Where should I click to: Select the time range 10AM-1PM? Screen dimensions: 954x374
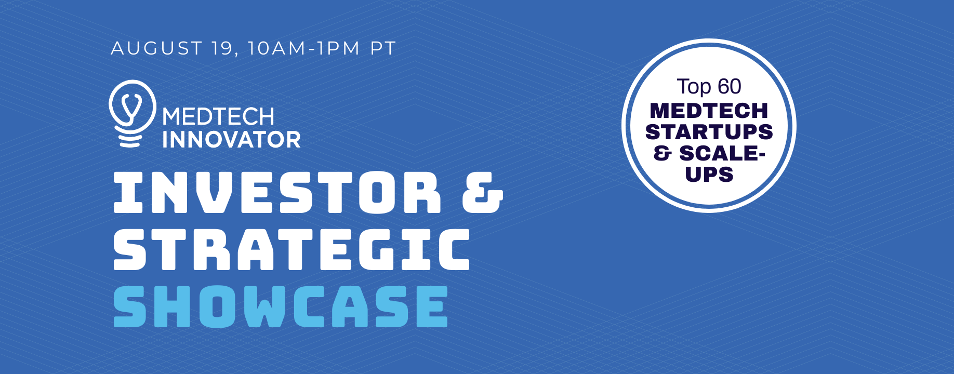[303, 48]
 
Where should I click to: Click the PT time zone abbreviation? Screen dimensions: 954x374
[383, 48]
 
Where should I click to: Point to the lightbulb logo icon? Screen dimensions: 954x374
[132, 113]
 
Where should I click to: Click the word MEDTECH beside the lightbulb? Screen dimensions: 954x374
[218, 117]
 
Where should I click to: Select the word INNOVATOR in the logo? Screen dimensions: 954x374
[231, 140]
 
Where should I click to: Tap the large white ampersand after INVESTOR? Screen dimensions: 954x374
[483, 192]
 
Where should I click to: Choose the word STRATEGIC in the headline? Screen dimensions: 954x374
[291, 249]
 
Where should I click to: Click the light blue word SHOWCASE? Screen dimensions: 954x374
[281, 306]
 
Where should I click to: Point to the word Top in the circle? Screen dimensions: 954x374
[694, 87]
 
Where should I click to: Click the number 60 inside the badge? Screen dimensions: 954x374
[730, 87]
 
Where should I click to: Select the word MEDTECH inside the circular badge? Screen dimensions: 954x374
[709, 111]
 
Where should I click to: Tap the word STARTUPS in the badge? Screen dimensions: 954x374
[709, 132]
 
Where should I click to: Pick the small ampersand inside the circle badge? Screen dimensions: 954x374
[662, 153]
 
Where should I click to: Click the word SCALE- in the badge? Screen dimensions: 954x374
[722, 153]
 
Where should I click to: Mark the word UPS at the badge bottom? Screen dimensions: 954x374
[709, 175]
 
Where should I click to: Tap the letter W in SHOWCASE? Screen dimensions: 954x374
[264, 306]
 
